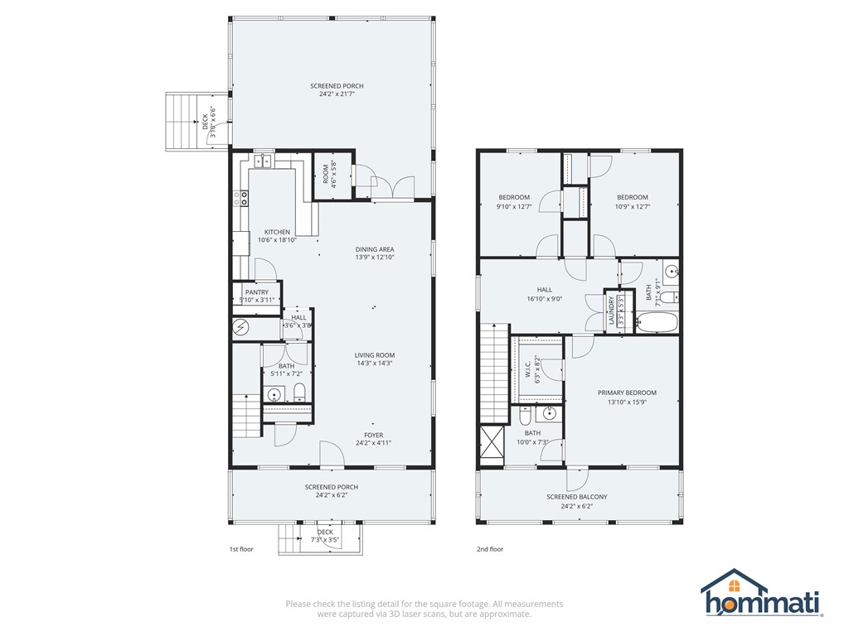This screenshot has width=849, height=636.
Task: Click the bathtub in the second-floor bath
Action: coord(657,323)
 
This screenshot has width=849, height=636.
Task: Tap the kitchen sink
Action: coord(264,161)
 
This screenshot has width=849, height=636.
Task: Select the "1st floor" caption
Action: coord(241,549)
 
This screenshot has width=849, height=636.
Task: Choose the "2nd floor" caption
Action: coord(490,549)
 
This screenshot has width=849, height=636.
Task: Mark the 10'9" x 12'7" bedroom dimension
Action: coord(633,206)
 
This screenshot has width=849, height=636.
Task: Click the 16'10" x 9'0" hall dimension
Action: coord(545,298)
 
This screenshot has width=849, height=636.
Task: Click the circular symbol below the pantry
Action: coord(240,327)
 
